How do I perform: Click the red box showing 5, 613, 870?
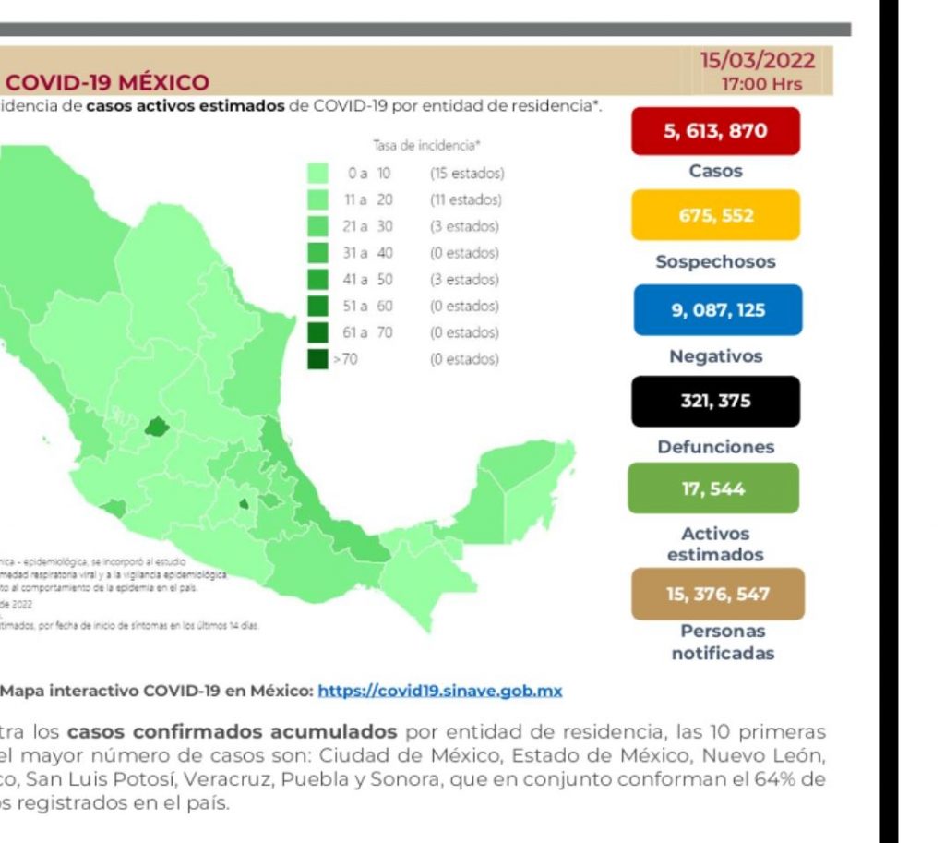pyautogui.click(x=714, y=131)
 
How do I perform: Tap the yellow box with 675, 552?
pyautogui.click(x=714, y=215)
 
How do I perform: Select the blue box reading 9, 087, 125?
pyautogui.click(x=717, y=310)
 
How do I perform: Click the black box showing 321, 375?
pyautogui.click(x=715, y=401)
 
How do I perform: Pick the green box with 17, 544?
pyautogui.click(x=712, y=488)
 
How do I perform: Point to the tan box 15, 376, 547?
pyautogui.click(x=717, y=594)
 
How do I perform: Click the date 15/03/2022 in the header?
pyautogui.click(x=758, y=62)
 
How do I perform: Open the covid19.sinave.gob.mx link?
pyautogui.click(x=439, y=691)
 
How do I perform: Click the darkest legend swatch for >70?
pyautogui.click(x=318, y=359)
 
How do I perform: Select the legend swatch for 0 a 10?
pyautogui.click(x=318, y=173)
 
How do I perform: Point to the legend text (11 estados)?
pyautogui.click(x=465, y=199)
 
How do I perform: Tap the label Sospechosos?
pyautogui.click(x=715, y=261)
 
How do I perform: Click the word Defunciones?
pyautogui.click(x=715, y=447)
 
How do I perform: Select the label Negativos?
pyautogui.click(x=715, y=355)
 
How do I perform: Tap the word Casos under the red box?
pyautogui.click(x=715, y=171)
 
